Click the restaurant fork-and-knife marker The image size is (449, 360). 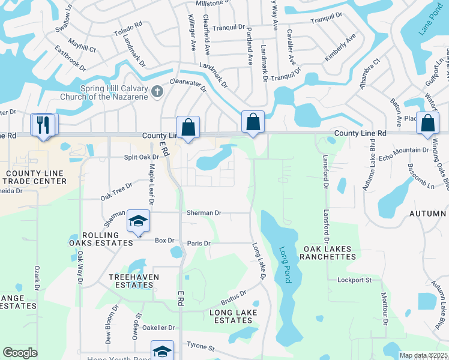pyautogui.click(x=44, y=124)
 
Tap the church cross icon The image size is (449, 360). pyautogui.click(x=157, y=92)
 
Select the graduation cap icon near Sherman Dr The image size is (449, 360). pyautogui.click(x=137, y=222)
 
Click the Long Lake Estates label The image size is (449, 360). pyautogui.click(x=234, y=316)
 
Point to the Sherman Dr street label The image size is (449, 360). pyautogui.click(x=204, y=212)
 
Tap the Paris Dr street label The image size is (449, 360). pyautogui.click(x=199, y=244)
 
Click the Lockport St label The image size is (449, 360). pyautogui.click(x=355, y=280)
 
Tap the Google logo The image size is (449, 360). pyautogui.click(x=20, y=353)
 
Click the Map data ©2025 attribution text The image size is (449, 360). pyautogui.click(x=423, y=355)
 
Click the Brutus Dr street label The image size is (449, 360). pyautogui.click(x=234, y=297)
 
